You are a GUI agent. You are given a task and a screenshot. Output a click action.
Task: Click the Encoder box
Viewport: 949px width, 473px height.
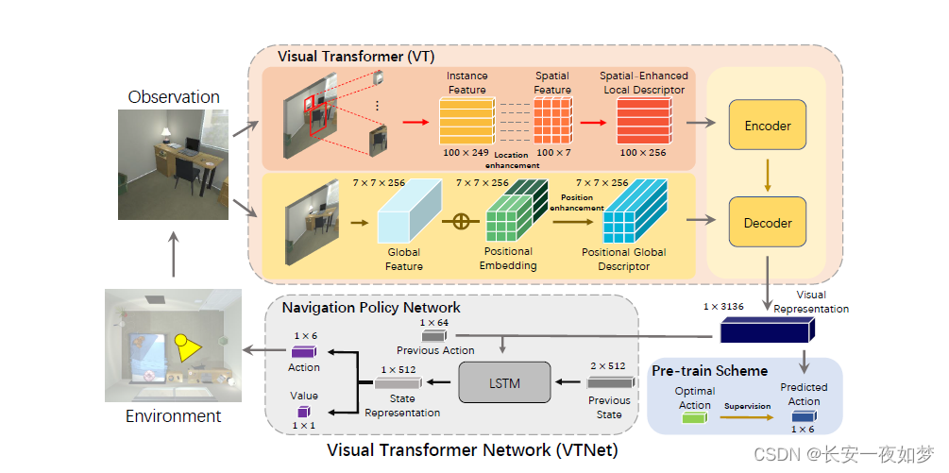767,126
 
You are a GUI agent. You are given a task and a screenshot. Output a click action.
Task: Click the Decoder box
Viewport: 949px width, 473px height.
767,224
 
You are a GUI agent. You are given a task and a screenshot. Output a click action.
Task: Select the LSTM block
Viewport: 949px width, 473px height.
504,382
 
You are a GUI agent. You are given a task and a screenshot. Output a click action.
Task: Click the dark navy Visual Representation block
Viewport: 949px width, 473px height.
766,331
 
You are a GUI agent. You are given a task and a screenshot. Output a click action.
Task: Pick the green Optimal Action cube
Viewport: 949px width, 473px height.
693,414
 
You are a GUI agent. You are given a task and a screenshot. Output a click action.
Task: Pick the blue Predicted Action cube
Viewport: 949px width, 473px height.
803,415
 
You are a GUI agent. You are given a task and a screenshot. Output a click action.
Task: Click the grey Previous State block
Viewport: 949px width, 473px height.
609,382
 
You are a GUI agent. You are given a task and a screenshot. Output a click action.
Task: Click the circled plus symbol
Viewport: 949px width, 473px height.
462,222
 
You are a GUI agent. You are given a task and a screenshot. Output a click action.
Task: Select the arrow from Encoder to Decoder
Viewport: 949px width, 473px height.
767,174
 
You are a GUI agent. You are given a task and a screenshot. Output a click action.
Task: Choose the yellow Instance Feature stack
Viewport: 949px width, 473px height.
466,121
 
